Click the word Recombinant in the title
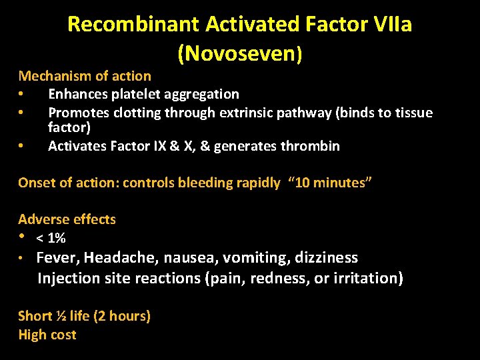pyautogui.click(x=133, y=25)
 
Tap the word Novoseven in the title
pyautogui.click(x=237, y=53)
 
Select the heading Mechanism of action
pyautogui.click(x=85, y=76)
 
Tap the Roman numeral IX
pyautogui.click(x=175, y=146)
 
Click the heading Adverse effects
pyautogui.click(x=67, y=219)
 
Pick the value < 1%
pyautogui.click(x=51, y=238)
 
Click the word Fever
pyautogui.click(x=58, y=257)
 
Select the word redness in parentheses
pyautogui.click(x=278, y=277)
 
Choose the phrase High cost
pyautogui.click(x=47, y=335)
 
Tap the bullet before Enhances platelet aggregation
pyautogui.click(x=22, y=95)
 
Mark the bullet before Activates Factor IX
pyautogui.click(x=22, y=146)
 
